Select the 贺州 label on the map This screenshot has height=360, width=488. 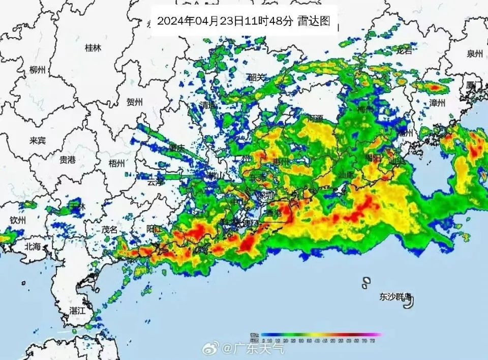click(134, 102)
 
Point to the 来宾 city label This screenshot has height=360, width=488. click(38, 140)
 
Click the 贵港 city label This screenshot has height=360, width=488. click(67, 160)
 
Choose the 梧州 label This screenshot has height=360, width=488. click(116, 163)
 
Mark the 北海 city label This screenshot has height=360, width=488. click(34, 247)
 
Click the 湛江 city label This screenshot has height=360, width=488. click(78, 310)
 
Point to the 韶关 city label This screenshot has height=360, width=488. click(256, 77)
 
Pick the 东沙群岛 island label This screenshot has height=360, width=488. click(395, 297)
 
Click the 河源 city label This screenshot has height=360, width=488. click(315, 119)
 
